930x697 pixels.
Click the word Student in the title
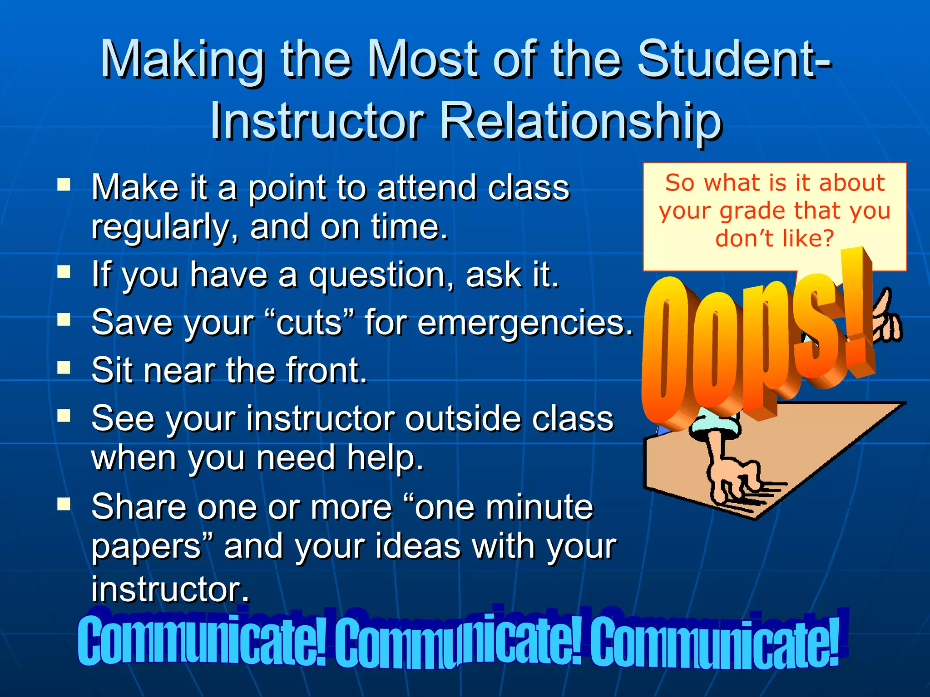tap(727, 59)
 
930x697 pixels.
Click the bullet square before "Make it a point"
tap(64, 185)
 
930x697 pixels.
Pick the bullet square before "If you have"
tap(64, 272)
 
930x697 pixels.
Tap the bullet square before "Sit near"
tap(64, 368)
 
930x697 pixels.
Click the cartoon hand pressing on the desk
tap(731, 476)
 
